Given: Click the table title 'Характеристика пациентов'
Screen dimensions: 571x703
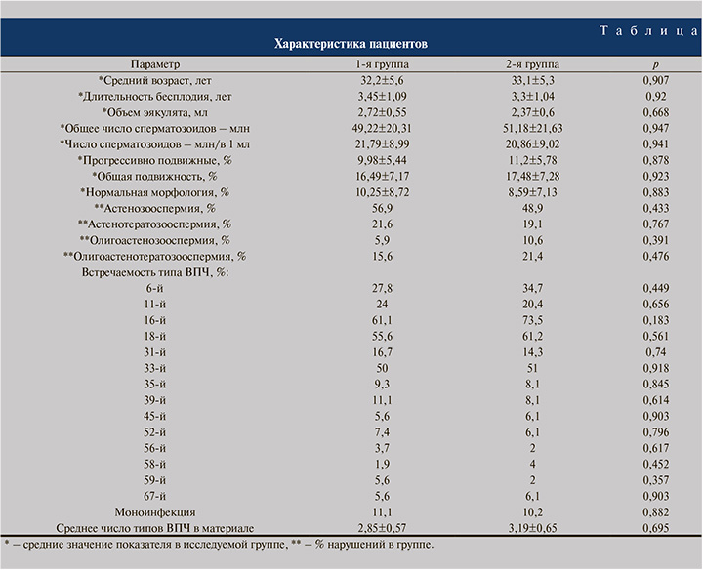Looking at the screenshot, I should (x=351, y=44).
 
